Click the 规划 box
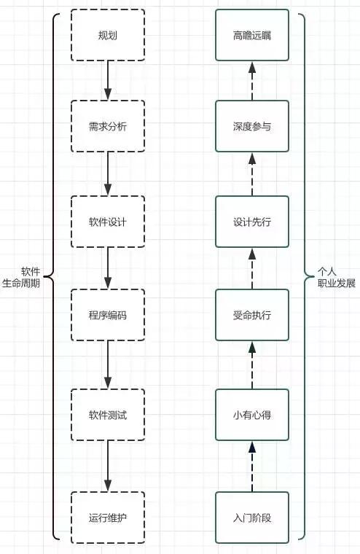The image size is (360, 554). [x=108, y=35]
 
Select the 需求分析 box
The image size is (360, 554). [x=108, y=127]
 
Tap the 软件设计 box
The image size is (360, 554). [x=108, y=222]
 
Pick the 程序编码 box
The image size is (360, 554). [x=108, y=315]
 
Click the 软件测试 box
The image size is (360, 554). [x=108, y=415]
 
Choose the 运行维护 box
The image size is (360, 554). [x=108, y=518]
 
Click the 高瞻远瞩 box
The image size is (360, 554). [x=252, y=35]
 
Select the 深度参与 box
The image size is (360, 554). [x=252, y=127]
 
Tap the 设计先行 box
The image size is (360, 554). [x=252, y=222]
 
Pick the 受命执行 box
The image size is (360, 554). [x=252, y=315]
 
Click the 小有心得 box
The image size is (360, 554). [x=252, y=415]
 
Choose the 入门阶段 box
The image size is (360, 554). [x=252, y=518]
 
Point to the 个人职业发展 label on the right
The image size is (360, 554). [x=336, y=277]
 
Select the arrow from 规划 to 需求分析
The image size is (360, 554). [x=108, y=80]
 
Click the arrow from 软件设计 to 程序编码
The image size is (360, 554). [x=108, y=268]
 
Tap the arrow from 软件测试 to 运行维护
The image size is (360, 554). [x=108, y=466]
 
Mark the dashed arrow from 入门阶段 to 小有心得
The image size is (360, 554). [x=252, y=466]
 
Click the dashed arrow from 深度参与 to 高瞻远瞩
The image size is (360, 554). [x=252, y=80]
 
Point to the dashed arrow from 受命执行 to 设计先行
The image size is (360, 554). [x=252, y=268]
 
